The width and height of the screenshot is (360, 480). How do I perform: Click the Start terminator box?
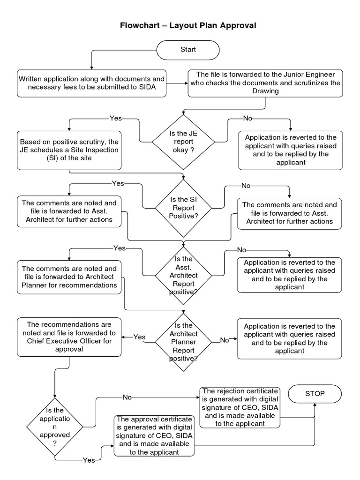tap(188, 50)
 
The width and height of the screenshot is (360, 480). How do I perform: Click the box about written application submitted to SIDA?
tap(91, 83)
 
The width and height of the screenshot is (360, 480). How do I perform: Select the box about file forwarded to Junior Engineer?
tap(265, 83)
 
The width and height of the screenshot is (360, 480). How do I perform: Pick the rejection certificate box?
tap(240, 407)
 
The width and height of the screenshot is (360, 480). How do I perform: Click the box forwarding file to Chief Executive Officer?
tap(69, 337)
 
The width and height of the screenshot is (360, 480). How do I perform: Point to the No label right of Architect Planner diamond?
tap(225, 340)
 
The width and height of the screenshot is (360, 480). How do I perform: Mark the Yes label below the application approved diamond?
tap(88, 460)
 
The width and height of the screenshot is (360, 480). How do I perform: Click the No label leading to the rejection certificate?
tap(127, 397)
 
